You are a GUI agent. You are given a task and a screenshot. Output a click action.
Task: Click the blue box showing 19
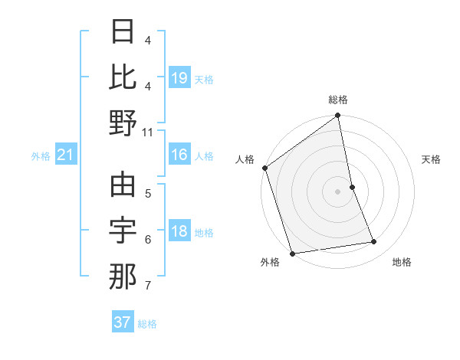coord(179,78)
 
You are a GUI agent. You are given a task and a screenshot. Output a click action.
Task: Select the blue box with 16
coord(179,155)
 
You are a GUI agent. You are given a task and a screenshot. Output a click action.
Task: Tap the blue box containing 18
coord(179,232)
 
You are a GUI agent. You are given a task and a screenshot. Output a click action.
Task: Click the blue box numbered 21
coord(66,155)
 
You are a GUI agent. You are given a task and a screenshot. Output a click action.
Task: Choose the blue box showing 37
coord(123,322)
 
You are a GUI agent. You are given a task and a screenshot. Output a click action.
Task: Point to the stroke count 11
coord(148,132)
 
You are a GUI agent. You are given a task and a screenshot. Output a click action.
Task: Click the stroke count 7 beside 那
coord(147,286)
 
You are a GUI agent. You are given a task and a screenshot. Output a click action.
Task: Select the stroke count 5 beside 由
coord(147,193)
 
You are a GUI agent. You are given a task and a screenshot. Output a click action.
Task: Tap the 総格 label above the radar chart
coord(338,100)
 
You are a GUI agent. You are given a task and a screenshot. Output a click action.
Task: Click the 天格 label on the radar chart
coord(431,159)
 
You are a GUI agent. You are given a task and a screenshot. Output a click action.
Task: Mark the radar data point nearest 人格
coord(264,168)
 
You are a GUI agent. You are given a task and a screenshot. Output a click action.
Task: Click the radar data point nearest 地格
coord(374,242)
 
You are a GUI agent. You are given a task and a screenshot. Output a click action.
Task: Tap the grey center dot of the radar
coord(338,191)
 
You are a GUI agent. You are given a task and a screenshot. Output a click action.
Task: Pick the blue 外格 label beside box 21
coord(41,156)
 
